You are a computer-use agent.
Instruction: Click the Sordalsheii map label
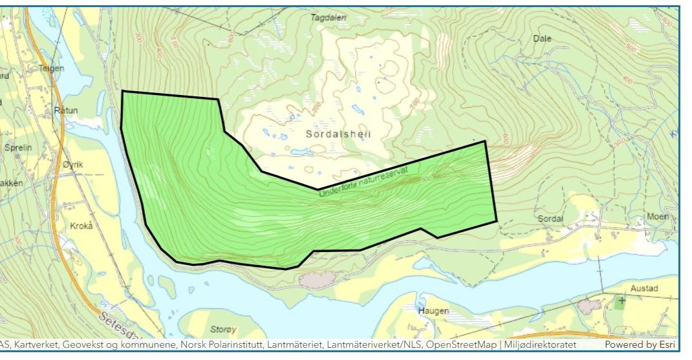click(336, 134)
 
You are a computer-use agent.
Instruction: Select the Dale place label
click(542, 38)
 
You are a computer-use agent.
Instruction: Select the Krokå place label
click(81, 226)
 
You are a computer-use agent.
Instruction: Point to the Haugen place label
click(433, 311)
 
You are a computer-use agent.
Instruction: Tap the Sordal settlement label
click(551, 218)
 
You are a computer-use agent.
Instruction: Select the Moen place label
click(658, 217)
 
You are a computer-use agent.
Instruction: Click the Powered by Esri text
click(640, 345)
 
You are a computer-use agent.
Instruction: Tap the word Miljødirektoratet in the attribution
click(540, 345)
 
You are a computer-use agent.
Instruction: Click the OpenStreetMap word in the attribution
click(460, 345)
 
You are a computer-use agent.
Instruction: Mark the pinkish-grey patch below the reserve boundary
click(317, 279)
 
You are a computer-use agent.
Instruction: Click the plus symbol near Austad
click(622, 301)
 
